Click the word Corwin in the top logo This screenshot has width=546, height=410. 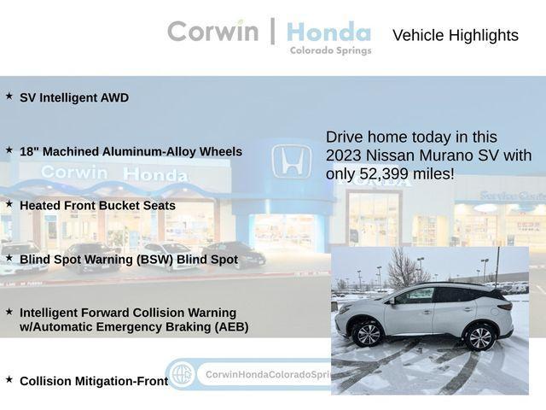pos(212,31)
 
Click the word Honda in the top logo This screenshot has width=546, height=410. pos(328,32)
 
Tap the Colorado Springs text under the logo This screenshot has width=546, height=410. pos(330,51)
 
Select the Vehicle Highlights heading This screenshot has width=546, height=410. pos(455,35)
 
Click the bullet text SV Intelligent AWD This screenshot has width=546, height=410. pos(74,98)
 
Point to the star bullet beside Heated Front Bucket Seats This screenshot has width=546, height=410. pos(9,204)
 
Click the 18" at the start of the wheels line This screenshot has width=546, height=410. pos(29,151)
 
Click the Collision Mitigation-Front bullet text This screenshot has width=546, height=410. pos(94,381)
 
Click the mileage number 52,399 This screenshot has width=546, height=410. pos(386,174)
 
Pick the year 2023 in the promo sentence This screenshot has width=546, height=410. pos(348,155)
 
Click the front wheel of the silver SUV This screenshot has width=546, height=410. pos(368,333)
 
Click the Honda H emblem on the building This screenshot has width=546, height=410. pos(291,161)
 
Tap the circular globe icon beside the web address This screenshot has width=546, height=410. pos(181,374)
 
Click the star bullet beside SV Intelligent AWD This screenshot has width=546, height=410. pos(9,97)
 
